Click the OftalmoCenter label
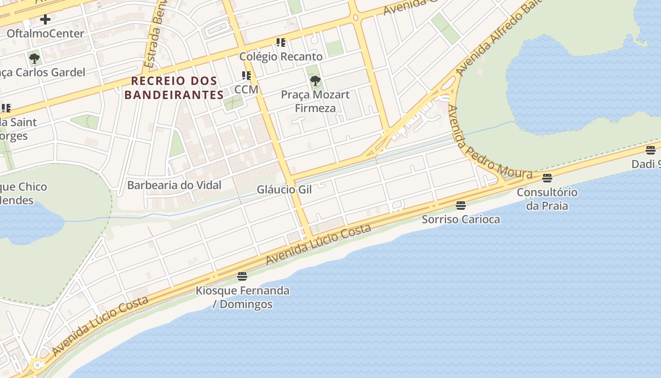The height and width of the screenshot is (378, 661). coord(45,34)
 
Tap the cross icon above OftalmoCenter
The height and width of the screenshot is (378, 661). coord(45,19)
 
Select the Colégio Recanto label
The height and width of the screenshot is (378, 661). coord(281,57)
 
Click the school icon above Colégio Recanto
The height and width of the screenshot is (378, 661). coord(281,43)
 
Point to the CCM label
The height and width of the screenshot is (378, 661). coord(246,89)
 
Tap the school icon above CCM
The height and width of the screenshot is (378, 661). coord(246,76)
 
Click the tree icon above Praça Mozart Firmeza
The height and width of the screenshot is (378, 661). coord(315,81)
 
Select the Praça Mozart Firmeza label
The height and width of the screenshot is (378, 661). coord(315,101)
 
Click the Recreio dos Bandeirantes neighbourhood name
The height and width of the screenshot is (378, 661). coord(174,88)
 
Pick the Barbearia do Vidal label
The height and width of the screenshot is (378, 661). coord(174,185)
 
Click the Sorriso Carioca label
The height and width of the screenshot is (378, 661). coord(461,219)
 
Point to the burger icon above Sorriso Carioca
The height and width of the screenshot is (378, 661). coord(461,205)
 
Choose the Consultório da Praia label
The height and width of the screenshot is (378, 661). coord(547,199)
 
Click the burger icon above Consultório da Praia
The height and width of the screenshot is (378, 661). coord(547,178)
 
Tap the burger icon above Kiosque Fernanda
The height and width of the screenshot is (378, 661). coord(242,276)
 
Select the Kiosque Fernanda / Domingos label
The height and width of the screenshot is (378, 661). coord(243,297)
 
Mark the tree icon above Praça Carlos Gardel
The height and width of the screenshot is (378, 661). coord(34,59)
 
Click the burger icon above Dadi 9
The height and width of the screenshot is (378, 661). coord(651,150)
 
